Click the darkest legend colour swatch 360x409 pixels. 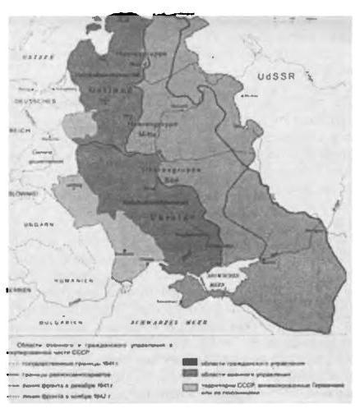(195, 360)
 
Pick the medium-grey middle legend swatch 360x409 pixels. (195, 372)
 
